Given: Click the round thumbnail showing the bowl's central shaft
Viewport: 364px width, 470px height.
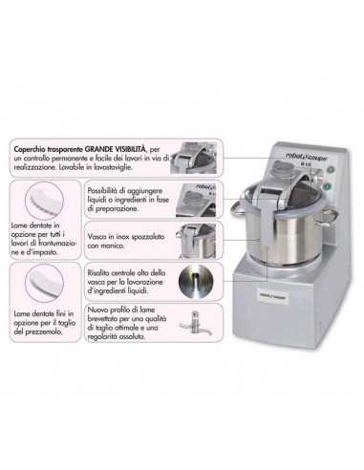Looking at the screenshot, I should [x=198, y=281].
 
